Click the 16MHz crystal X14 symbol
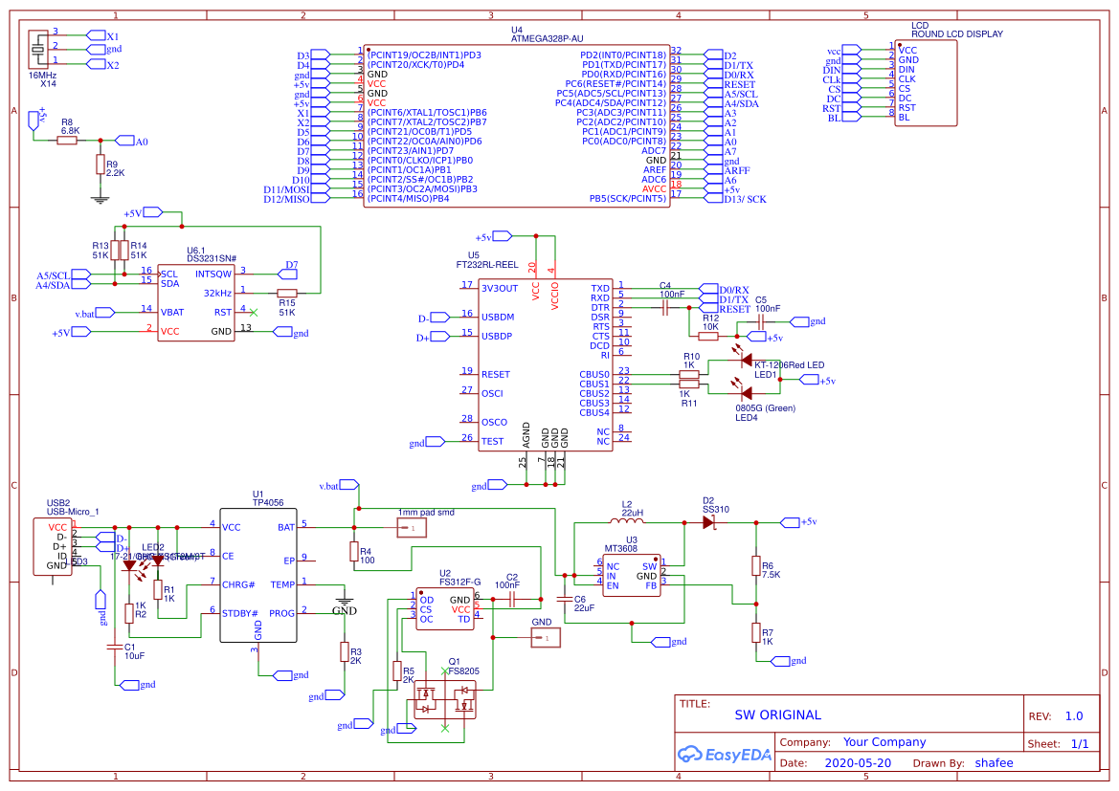[x=38, y=48]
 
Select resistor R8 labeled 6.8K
[x=66, y=141]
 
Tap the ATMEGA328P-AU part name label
[x=547, y=39]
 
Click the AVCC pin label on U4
[x=654, y=189]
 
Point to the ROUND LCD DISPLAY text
[x=956, y=34]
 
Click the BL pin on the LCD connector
[x=904, y=118]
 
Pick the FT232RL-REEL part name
[x=487, y=264]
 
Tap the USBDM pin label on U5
[x=498, y=317]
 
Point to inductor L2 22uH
[x=629, y=522]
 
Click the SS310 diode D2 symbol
[x=709, y=522]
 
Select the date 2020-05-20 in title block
[x=856, y=763]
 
